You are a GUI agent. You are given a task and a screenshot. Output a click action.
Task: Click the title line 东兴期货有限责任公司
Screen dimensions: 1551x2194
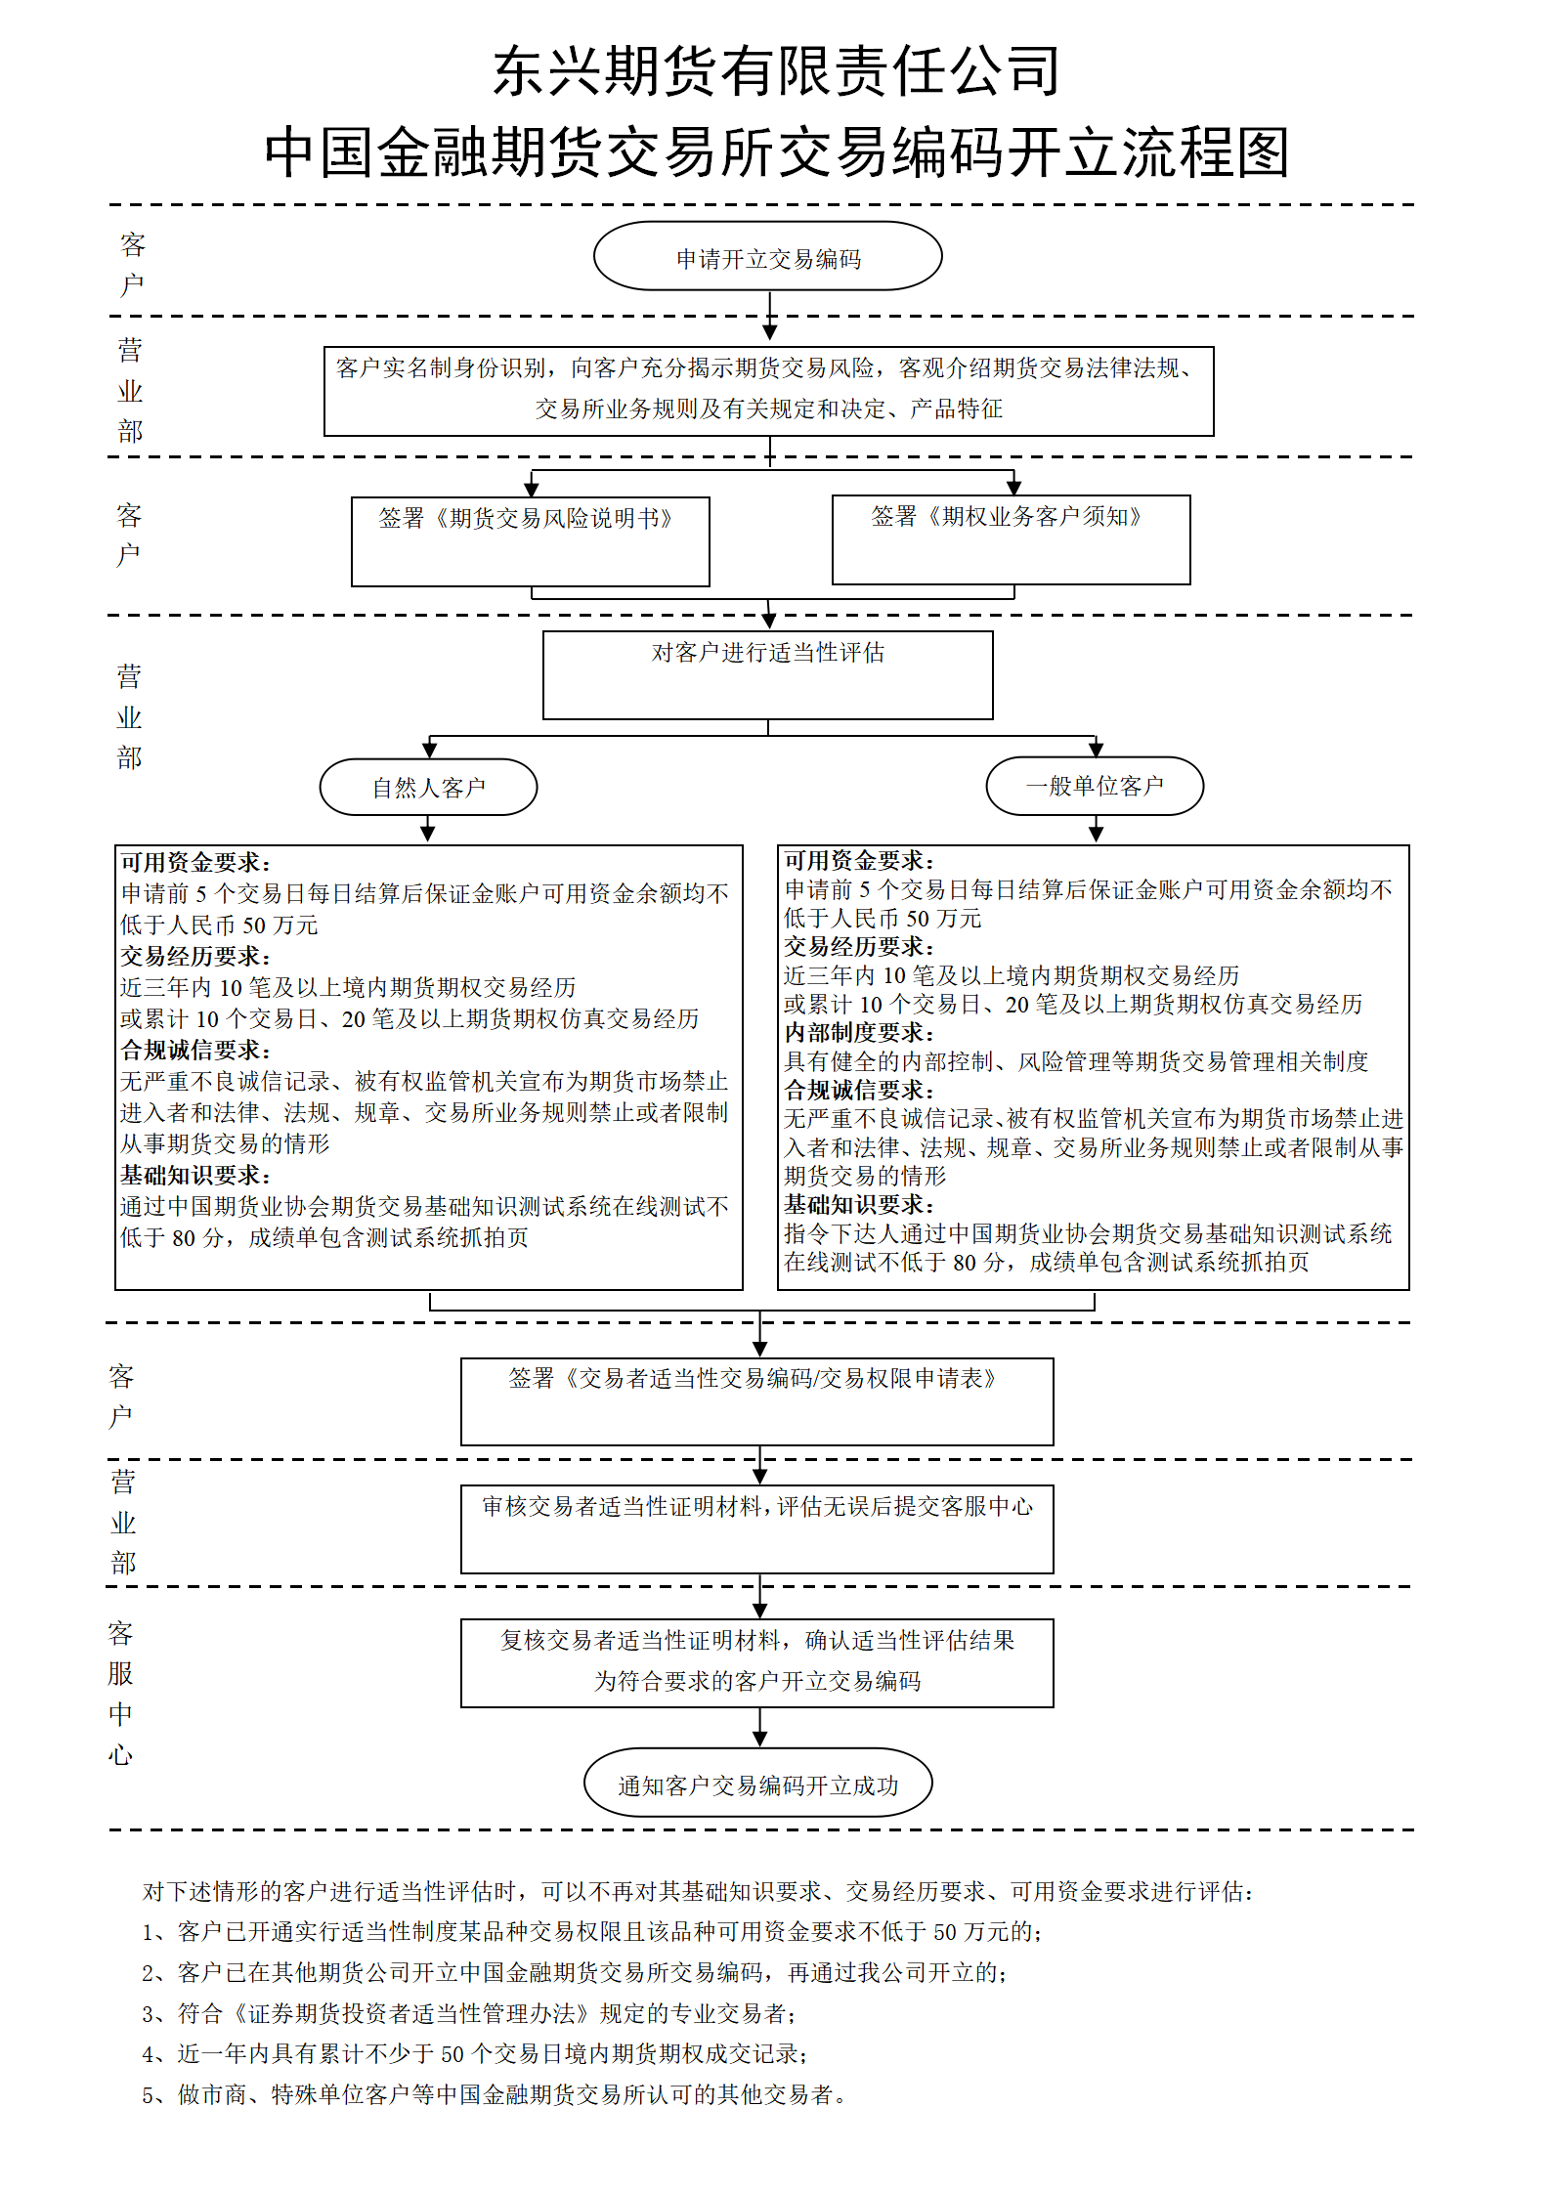coord(776,71)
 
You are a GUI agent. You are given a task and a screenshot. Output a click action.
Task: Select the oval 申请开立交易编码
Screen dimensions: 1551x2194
coord(768,256)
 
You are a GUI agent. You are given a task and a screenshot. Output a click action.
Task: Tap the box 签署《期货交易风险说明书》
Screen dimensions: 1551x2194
coord(531,541)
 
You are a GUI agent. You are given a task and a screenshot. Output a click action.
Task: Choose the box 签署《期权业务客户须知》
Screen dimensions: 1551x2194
coord(1012,539)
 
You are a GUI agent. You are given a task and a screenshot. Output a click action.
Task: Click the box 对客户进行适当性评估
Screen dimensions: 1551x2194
coord(768,675)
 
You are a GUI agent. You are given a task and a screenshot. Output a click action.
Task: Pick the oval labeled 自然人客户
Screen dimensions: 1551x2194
coord(429,787)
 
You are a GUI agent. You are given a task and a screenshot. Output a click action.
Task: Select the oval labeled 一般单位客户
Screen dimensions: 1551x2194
coord(1096,786)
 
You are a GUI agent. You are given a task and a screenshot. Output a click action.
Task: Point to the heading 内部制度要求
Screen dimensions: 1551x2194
coord(859,1033)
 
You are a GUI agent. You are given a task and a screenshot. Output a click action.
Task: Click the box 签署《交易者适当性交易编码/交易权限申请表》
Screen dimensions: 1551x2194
coord(757,1401)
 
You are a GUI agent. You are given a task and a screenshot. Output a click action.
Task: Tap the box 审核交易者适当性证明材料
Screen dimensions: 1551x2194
coord(757,1529)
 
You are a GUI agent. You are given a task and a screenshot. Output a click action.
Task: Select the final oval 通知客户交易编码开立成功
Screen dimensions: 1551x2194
coord(758,1783)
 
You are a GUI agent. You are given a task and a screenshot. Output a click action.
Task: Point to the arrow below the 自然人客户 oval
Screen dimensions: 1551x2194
coord(428,829)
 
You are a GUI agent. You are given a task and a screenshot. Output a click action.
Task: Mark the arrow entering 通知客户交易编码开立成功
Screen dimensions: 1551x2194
coord(759,1728)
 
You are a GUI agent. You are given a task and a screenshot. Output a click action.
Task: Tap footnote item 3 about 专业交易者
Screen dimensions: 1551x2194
coord(469,2013)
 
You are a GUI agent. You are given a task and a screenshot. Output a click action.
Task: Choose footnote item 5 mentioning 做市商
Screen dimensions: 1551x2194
coord(495,2094)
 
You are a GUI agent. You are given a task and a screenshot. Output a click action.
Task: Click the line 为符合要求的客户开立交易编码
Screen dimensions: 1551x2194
coord(757,1681)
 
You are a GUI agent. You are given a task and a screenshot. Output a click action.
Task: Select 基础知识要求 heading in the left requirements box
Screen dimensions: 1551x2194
coord(195,1176)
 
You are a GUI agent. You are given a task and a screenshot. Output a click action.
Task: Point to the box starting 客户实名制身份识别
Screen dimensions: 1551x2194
coord(769,391)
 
